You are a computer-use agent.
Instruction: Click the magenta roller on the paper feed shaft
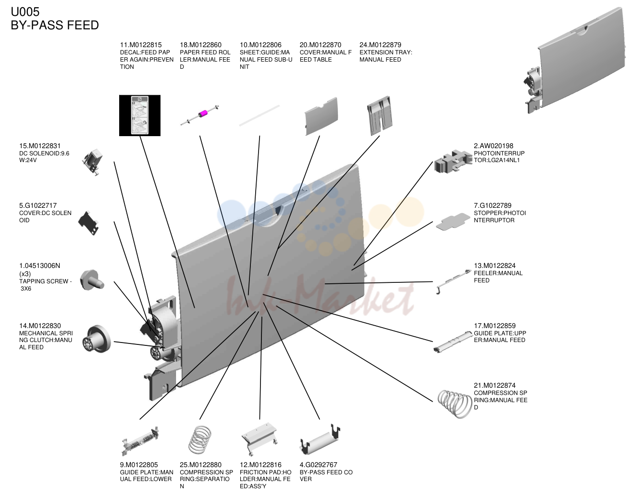pyautogui.click(x=203, y=114)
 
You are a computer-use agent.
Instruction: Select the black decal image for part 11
pyautogui.click(x=140, y=115)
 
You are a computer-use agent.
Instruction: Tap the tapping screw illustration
pyautogui.click(x=92, y=280)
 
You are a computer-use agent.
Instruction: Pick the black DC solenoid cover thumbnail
pyautogui.click(x=88, y=223)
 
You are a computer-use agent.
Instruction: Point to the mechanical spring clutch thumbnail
pyautogui.click(x=97, y=339)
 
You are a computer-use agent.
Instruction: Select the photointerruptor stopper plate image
pyautogui.click(x=453, y=222)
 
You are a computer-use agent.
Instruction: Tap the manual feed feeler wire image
pyautogui.click(x=453, y=281)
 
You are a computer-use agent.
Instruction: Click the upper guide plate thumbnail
pyautogui.click(x=453, y=343)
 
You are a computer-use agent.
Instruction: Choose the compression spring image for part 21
pyautogui.click(x=455, y=404)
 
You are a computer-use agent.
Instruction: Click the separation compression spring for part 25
pyautogui.click(x=200, y=440)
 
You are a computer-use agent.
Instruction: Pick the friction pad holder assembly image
pyautogui.click(x=259, y=438)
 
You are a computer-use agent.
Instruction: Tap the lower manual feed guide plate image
pyautogui.click(x=140, y=441)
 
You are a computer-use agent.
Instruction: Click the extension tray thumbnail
pyautogui.click(x=380, y=115)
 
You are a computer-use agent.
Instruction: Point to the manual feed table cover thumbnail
pyautogui.click(x=321, y=116)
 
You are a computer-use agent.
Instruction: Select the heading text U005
pyautogui.click(x=25, y=12)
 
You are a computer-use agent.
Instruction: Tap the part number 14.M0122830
pyautogui.click(x=40, y=326)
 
